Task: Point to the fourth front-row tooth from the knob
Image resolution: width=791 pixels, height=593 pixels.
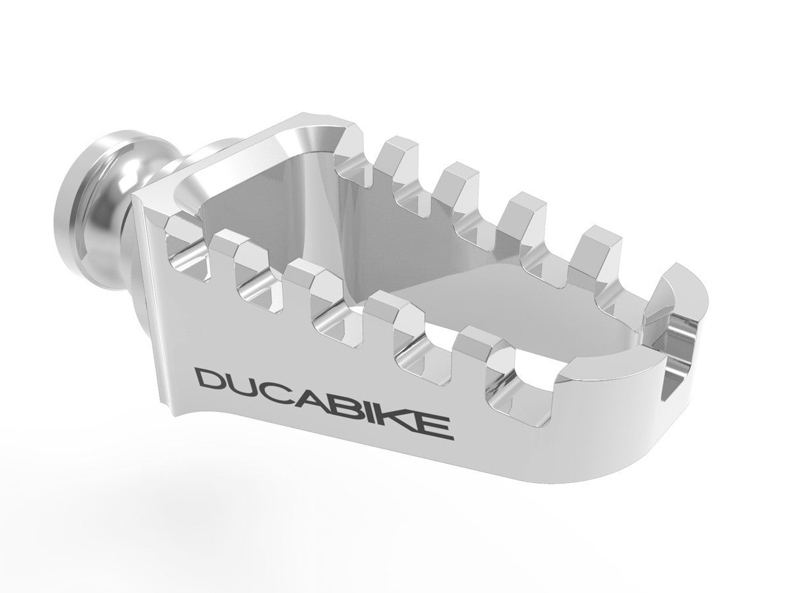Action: [389, 310]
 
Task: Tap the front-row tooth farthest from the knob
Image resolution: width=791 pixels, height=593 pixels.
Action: [475, 343]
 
